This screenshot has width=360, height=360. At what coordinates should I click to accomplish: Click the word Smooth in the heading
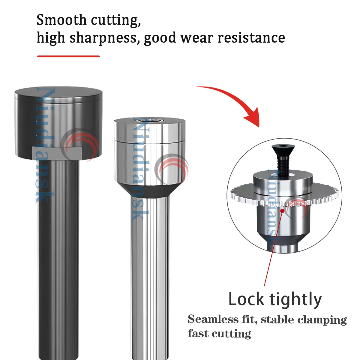[x=61, y=20]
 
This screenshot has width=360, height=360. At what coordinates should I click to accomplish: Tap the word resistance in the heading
[x=251, y=38]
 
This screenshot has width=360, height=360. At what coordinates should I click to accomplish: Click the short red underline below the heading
[x=68, y=56]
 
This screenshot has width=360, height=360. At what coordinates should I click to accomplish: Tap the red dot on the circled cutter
[x=282, y=211]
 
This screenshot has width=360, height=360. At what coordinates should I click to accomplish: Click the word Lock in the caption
[x=246, y=299]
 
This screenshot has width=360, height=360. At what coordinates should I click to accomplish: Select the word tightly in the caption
[x=295, y=300]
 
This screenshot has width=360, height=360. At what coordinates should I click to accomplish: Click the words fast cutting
[x=219, y=333]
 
